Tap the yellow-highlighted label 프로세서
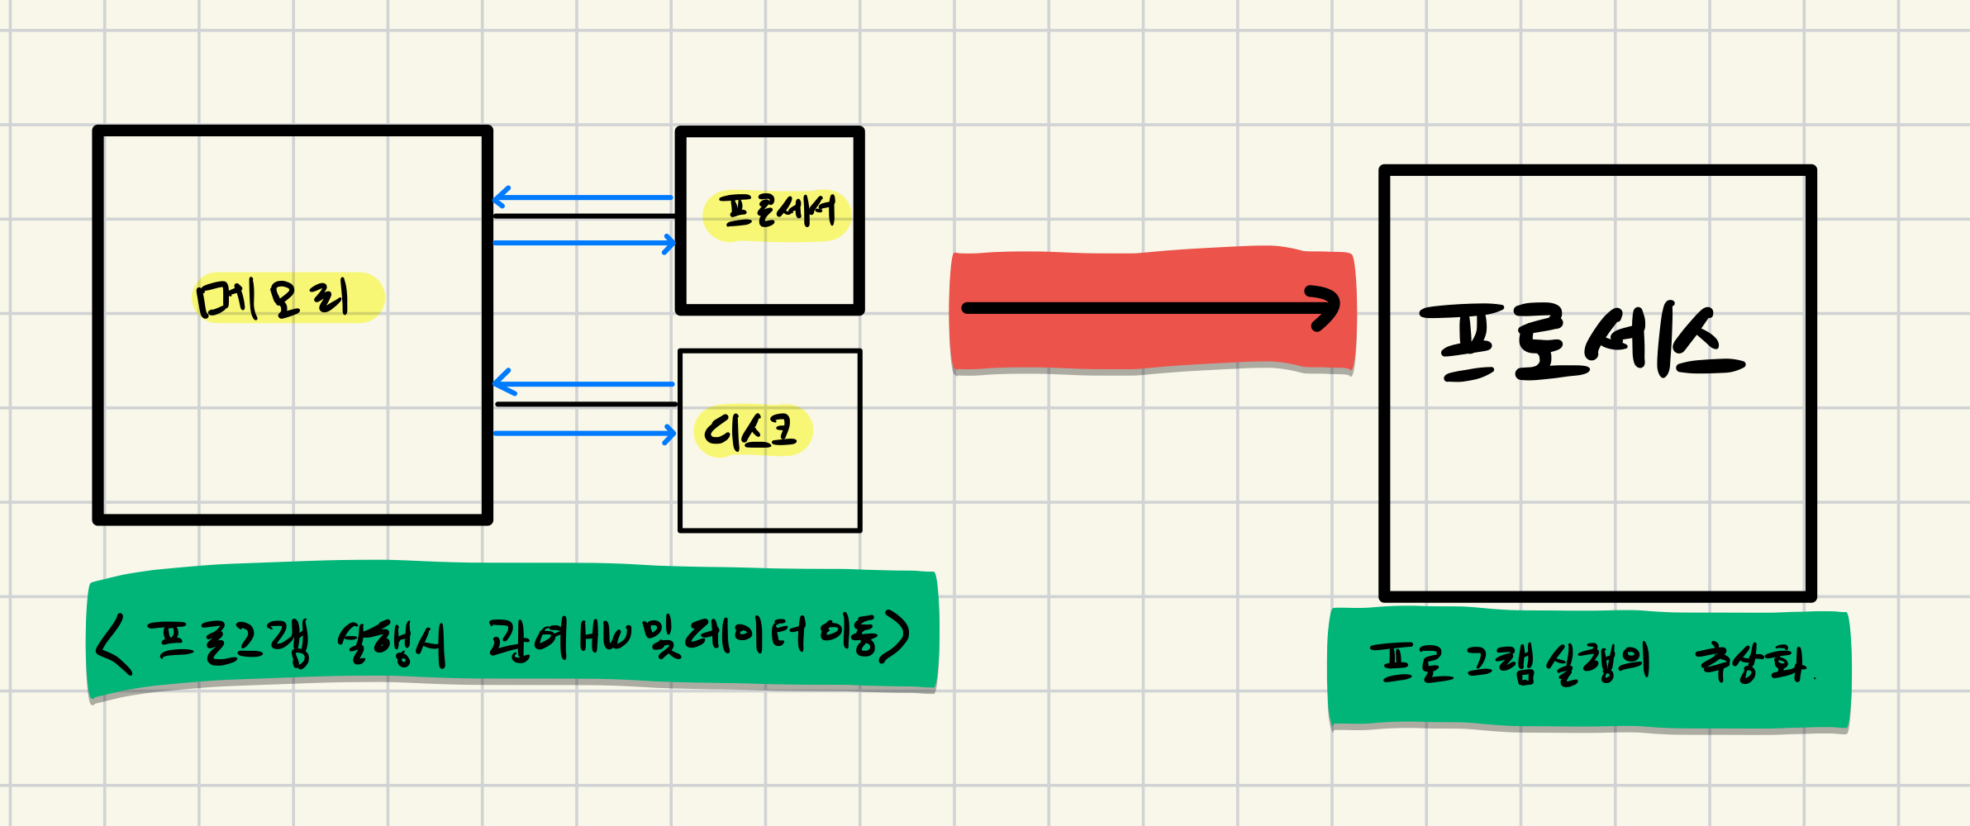pos(777,212)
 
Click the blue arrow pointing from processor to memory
pos(583,197)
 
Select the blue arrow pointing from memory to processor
pos(583,243)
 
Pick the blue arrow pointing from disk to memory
pos(583,384)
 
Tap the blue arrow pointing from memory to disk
pos(583,433)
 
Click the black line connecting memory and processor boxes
pos(583,216)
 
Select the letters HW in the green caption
pos(605,639)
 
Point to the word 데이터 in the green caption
pos(744,638)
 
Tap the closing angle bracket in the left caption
pos(894,636)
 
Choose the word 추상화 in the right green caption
pos(1750,662)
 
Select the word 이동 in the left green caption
pos(848,636)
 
